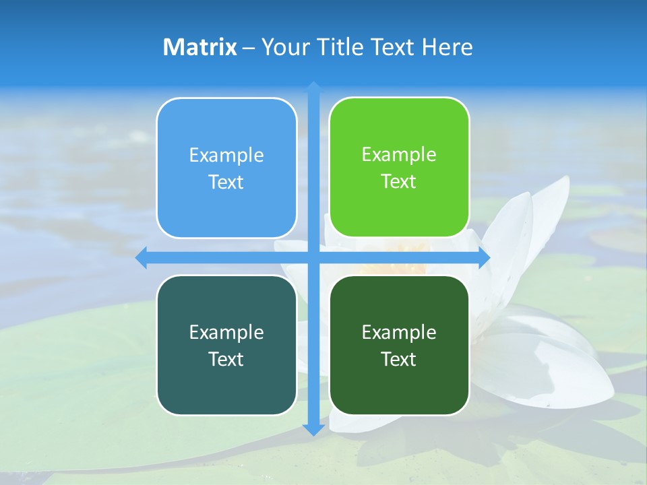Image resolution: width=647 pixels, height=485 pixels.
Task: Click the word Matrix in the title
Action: coord(200,47)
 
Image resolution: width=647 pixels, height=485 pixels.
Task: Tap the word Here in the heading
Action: coord(448,47)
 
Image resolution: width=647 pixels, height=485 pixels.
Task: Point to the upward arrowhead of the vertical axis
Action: coord(313,88)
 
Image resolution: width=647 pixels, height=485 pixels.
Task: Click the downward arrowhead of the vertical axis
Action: coord(313,429)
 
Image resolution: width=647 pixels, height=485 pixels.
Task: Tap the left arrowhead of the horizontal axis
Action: coord(142,258)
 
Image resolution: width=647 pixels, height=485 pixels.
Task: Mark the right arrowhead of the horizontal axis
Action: coord(483,258)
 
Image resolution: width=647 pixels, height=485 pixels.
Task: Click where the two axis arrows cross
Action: coord(313,258)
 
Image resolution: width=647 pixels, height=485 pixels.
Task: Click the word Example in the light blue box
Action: coord(226,155)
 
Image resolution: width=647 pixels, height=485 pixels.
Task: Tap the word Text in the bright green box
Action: coord(399,181)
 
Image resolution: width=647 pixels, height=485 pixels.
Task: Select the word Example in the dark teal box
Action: coord(226,332)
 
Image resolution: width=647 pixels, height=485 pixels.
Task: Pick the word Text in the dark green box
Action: coord(399,359)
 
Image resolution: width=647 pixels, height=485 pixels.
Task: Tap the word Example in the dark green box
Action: coord(399,332)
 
